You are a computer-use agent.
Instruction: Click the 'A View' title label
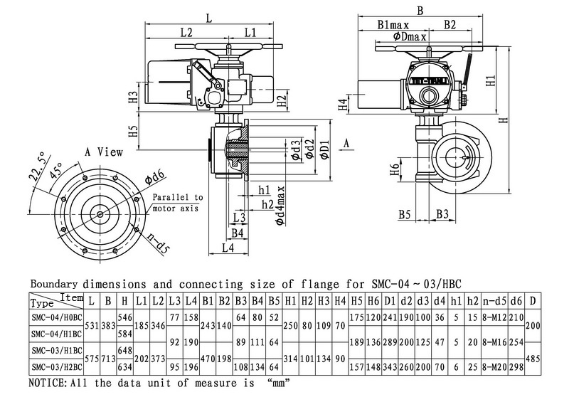pos(104,152)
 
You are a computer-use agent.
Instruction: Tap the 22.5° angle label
pos(36,170)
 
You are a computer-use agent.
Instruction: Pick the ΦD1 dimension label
pos(324,151)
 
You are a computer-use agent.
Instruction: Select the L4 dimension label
pos(227,248)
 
